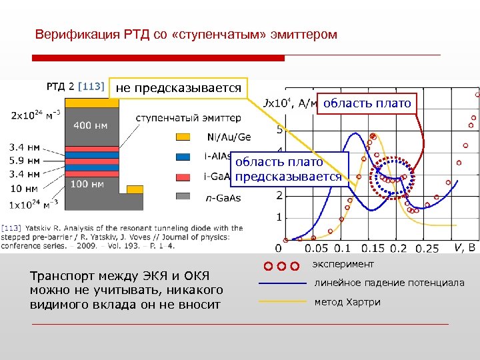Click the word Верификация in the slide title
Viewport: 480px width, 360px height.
pos(67,34)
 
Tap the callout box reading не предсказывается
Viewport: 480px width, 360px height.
pos(179,87)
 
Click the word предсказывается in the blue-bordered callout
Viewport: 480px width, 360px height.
pos(288,177)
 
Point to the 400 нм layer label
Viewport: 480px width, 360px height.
pos(92,125)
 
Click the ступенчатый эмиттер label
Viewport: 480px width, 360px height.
pos(188,118)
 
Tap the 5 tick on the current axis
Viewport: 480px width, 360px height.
pos(279,129)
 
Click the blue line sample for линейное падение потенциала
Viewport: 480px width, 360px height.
pos(282,283)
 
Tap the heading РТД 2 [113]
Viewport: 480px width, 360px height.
pos(75,85)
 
